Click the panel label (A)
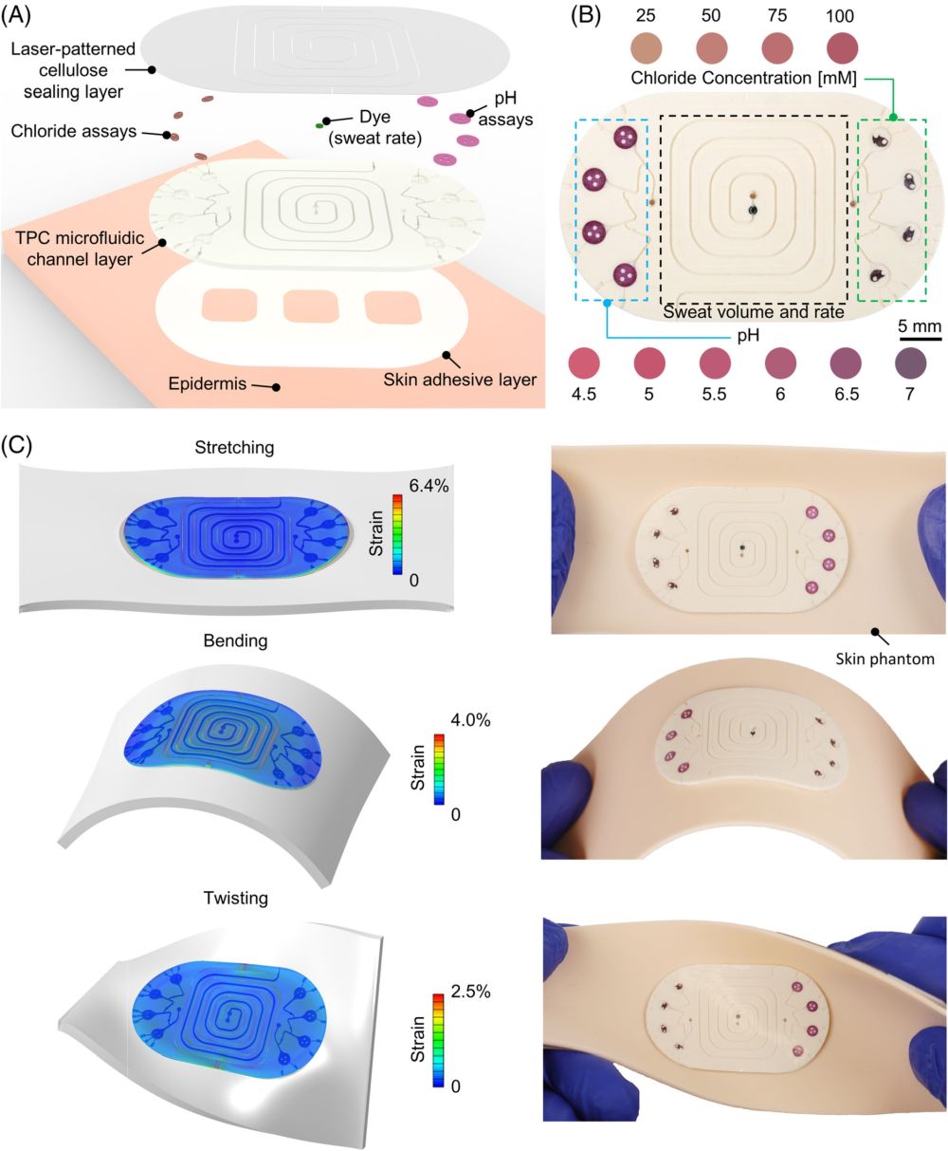pyautogui.click(x=16, y=15)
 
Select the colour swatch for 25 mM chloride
pyautogui.click(x=646, y=47)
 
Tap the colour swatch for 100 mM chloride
pyautogui.click(x=842, y=47)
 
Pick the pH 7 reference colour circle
pyautogui.click(x=910, y=363)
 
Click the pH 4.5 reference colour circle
pyautogui.click(x=583, y=363)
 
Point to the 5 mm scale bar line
pyautogui.click(x=920, y=339)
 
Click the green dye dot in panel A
pyautogui.click(x=319, y=125)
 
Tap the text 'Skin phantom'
pyautogui.click(x=884, y=659)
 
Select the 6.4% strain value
pyautogui.click(x=428, y=485)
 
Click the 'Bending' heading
pyautogui.click(x=235, y=640)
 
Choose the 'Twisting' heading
pyautogui.click(x=236, y=898)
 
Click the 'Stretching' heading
pyautogui.click(x=234, y=447)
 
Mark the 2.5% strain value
pyautogui.click(x=470, y=992)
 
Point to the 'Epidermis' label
pyautogui.click(x=207, y=383)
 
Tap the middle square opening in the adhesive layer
pyautogui.click(x=311, y=306)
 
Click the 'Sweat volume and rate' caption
pyautogui.click(x=753, y=312)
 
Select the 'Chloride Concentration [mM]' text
pyautogui.click(x=743, y=78)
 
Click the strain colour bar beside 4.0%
pyautogui.click(x=439, y=769)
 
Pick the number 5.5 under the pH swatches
pyautogui.click(x=714, y=394)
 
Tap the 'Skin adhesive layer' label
pyautogui.click(x=460, y=380)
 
